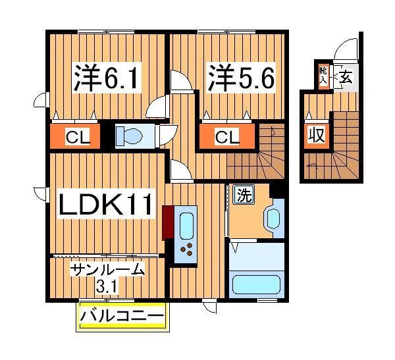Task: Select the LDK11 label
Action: pyautogui.click(x=106, y=205)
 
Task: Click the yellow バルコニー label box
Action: pyautogui.click(x=122, y=317)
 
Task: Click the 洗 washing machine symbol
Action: pyautogui.click(x=243, y=195)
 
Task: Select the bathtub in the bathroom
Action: pyautogui.click(x=257, y=284)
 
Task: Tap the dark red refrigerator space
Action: pyautogui.click(x=167, y=222)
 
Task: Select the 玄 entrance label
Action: pyautogui.click(x=346, y=76)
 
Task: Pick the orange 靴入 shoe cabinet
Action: pyautogui.click(x=323, y=76)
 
